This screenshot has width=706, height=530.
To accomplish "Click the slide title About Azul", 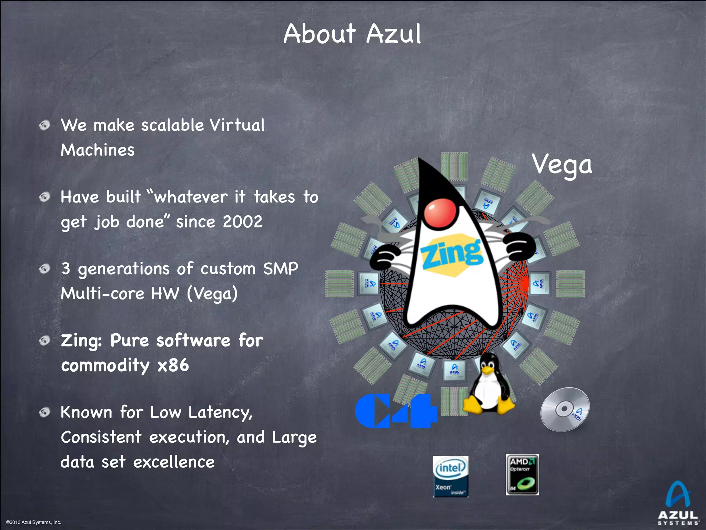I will pyautogui.click(x=352, y=34).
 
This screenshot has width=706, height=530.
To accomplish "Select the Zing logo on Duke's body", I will pyautogui.click(x=452, y=254).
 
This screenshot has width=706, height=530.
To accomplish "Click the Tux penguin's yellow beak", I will pyautogui.click(x=488, y=371).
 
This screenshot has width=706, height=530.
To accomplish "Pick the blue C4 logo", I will pyautogui.click(x=396, y=411).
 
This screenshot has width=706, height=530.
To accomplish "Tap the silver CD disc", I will pyautogui.click(x=565, y=409).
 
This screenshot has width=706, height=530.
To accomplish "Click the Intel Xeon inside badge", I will pyautogui.click(x=451, y=476).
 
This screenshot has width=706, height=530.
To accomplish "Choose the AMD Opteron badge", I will pyautogui.click(x=522, y=474).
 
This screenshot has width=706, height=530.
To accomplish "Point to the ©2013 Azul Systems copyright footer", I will pyautogui.click(x=33, y=522).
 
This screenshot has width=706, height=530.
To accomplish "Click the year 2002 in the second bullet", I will pyautogui.click(x=242, y=222).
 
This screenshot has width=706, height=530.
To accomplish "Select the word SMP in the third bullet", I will pyautogui.click(x=281, y=268).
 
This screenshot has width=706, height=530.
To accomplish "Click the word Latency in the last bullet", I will pyautogui.click(x=220, y=413).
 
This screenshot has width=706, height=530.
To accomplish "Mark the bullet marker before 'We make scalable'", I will pyautogui.click(x=44, y=125).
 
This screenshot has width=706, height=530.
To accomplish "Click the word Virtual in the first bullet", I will pyautogui.click(x=237, y=125).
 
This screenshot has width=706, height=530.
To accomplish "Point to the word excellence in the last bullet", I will pyautogui.click(x=174, y=462).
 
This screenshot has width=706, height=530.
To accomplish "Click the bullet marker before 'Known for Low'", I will pyautogui.click(x=44, y=412).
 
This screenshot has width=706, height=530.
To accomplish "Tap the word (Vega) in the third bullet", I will pyautogui.click(x=212, y=294).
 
